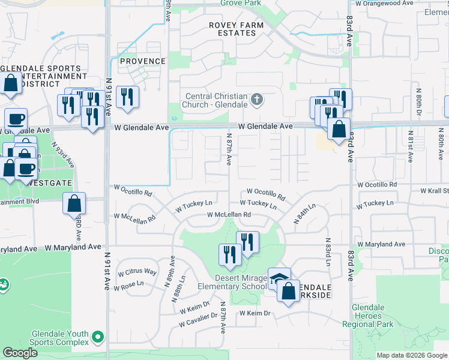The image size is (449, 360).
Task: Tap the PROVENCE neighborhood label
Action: tap(142, 61)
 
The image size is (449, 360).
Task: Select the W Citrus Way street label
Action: tap(137, 272)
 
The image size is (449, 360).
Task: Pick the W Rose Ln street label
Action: tap(131, 284)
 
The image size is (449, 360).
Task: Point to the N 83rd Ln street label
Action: tap(328, 254)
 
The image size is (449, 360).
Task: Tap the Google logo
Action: tap(20, 353)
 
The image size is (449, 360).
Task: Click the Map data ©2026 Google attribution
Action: tap(411, 355)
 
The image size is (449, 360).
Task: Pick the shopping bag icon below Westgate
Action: tap(74, 204)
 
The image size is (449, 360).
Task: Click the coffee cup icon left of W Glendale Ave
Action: tap(16, 118)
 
